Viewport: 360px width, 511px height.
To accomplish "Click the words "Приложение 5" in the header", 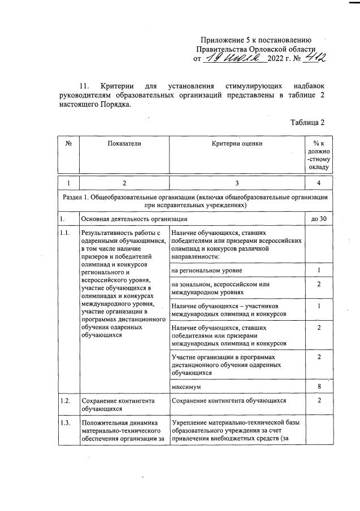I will tap(224, 40).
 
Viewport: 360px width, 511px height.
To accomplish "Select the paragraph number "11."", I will tap(84, 86).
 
